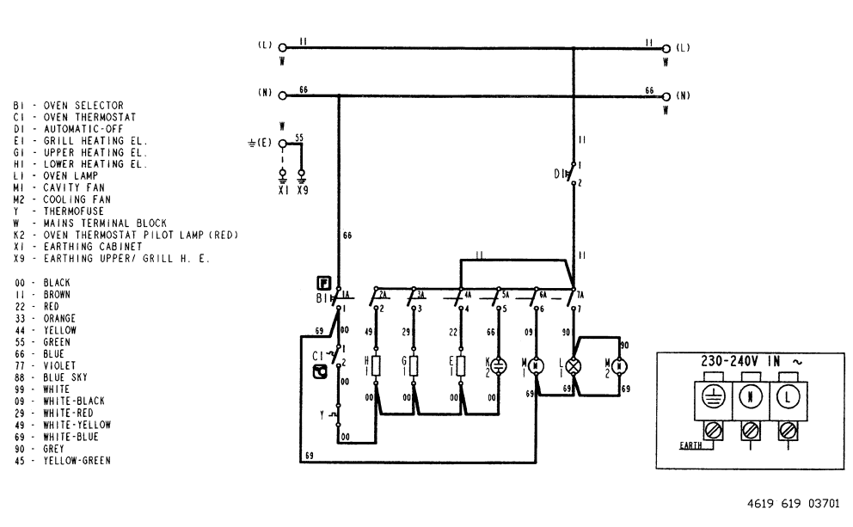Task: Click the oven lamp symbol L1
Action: [x=574, y=365]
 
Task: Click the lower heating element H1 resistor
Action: [x=376, y=366]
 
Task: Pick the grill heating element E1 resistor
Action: [x=462, y=366]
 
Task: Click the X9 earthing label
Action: [x=302, y=191]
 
